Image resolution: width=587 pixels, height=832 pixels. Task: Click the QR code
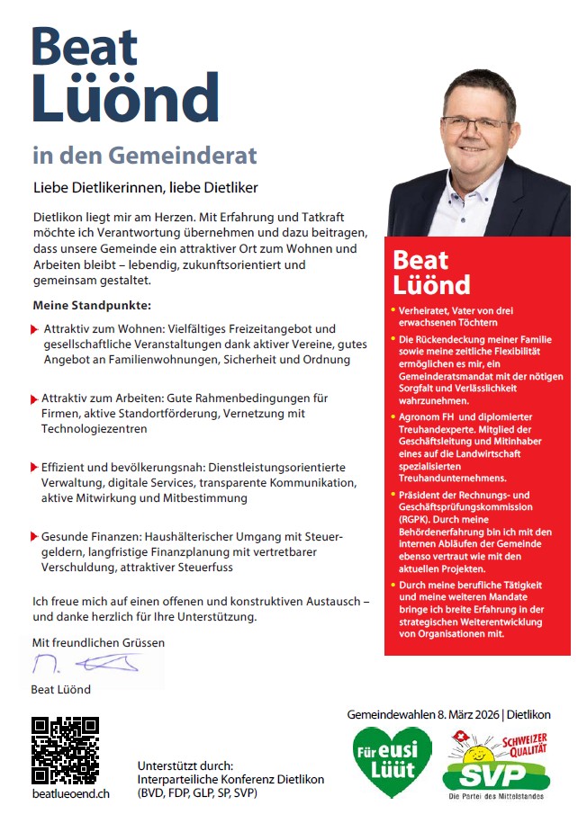65,749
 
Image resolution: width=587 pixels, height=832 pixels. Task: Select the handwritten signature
86,666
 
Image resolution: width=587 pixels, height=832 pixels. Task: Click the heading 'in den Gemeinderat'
144,155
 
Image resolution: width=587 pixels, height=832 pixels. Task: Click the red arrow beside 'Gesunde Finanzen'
34,536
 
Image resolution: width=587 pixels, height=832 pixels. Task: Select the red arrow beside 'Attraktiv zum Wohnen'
34,329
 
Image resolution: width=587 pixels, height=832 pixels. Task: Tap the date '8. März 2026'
459,714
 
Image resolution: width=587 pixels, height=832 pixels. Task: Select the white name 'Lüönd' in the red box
432,284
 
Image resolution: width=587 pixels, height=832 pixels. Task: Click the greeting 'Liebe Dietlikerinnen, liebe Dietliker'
145,188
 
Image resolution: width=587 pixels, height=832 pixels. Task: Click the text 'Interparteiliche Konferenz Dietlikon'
230,779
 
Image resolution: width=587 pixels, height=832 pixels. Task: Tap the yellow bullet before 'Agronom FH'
393,418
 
